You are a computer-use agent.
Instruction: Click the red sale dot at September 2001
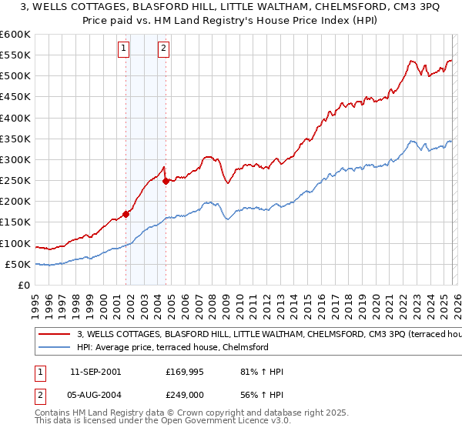[x=126, y=215]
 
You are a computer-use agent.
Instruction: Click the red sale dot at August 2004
[x=166, y=182]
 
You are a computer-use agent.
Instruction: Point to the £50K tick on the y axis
[x=18, y=265]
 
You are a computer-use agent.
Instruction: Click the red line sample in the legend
[x=54, y=335]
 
